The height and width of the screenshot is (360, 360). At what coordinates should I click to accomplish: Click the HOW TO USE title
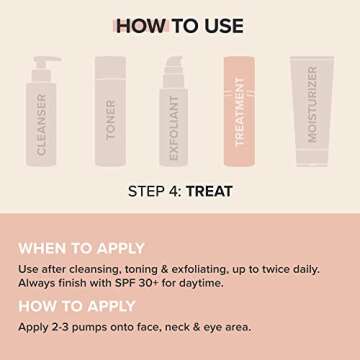point(180,25)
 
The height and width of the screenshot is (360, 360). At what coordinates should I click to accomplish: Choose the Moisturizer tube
point(312,110)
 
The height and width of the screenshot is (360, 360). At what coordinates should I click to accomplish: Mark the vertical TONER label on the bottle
point(111,118)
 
